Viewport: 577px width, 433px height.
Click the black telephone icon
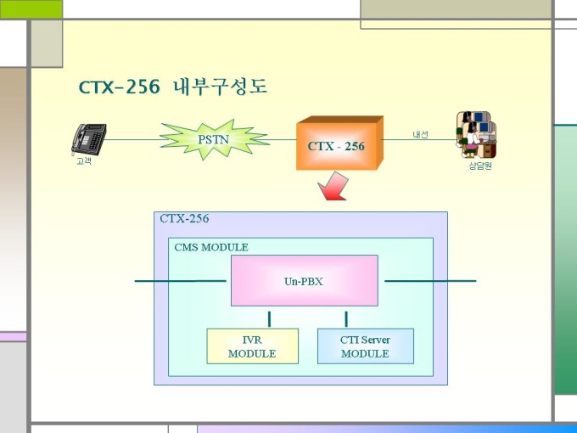point(89,139)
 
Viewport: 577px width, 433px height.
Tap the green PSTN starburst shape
point(214,139)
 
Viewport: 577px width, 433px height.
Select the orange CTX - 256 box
point(339,143)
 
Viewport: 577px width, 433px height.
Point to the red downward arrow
point(333,187)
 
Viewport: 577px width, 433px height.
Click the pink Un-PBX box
point(305,280)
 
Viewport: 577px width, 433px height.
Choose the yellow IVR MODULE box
point(253,346)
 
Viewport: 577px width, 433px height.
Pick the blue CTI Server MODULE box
point(366,346)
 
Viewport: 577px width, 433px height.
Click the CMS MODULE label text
point(211,247)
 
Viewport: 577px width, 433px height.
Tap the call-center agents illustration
point(476,134)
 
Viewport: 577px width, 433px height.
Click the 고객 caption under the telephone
point(84,161)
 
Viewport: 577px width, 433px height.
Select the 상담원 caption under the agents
point(480,166)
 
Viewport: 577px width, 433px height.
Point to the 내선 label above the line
point(420,134)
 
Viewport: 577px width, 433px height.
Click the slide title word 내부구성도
point(220,87)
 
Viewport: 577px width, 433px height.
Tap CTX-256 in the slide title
point(120,87)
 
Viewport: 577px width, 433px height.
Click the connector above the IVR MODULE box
point(269,319)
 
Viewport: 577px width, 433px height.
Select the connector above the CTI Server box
point(346,319)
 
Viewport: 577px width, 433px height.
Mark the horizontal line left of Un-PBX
point(180,281)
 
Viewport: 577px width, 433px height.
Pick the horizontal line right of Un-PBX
point(430,281)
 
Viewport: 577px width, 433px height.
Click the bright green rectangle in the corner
point(31,9)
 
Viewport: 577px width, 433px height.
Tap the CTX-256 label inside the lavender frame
point(184,218)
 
